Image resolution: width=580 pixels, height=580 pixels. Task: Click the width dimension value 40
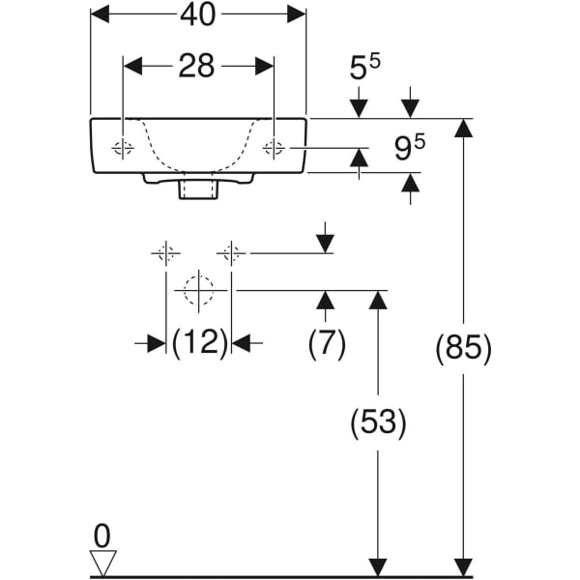pos(198,14)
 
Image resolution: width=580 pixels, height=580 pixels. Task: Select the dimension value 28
pos(196,66)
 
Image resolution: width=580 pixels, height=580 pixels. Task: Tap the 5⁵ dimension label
pos(364,67)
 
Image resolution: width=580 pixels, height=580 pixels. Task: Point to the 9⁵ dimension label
pos(410,148)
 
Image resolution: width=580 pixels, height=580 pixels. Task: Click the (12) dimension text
pos(199,343)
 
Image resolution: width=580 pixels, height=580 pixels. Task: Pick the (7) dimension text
pos(327,343)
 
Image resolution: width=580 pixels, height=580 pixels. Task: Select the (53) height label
pos(378,422)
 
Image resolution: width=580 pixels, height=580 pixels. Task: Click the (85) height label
pos(463,348)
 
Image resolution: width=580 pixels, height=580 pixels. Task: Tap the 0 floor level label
pos(102,536)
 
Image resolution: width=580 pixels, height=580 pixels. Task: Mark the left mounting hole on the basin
pos(123,148)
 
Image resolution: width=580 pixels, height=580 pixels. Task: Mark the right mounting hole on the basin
pos(274,148)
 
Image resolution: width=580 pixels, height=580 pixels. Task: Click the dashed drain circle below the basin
pos(198,291)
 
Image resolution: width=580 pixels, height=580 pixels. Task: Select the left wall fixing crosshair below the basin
pos(165,253)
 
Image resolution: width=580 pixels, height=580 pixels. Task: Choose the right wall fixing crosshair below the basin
pos(231,253)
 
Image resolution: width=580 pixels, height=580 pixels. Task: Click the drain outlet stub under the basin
pos(198,190)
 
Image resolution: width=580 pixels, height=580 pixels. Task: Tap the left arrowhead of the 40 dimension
pos(101,14)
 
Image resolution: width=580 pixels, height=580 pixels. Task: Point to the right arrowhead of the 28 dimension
pos(265,66)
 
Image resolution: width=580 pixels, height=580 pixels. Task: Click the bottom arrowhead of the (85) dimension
pos(463,567)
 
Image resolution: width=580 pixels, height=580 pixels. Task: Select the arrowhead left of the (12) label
pos(157,343)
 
